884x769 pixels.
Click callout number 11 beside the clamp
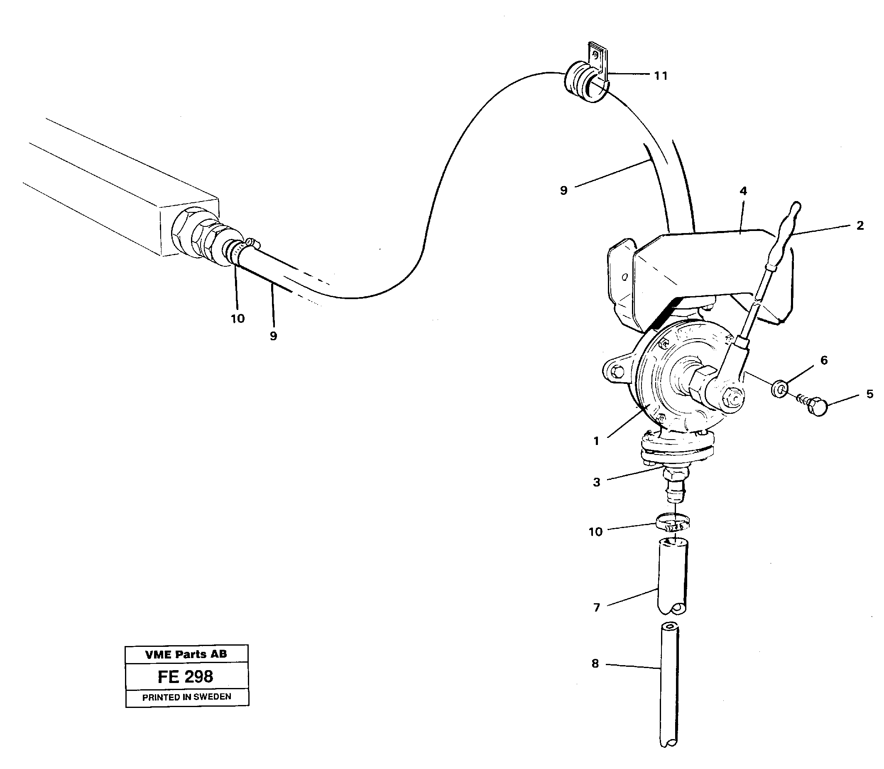click(661, 76)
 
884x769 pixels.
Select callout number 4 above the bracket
click(743, 192)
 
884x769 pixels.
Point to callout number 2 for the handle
click(860, 226)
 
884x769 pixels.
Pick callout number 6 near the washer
click(823, 361)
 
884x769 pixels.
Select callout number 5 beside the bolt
click(869, 394)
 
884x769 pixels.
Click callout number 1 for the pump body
click(596, 441)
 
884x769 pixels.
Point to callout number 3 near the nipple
click(597, 482)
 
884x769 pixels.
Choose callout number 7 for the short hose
click(597, 607)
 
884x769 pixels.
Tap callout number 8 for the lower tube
click(595, 664)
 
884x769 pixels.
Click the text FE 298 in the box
click(185, 677)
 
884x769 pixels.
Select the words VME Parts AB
click(186, 654)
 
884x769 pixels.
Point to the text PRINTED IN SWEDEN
click(186, 698)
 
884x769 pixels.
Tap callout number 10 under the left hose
click(238, 318)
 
